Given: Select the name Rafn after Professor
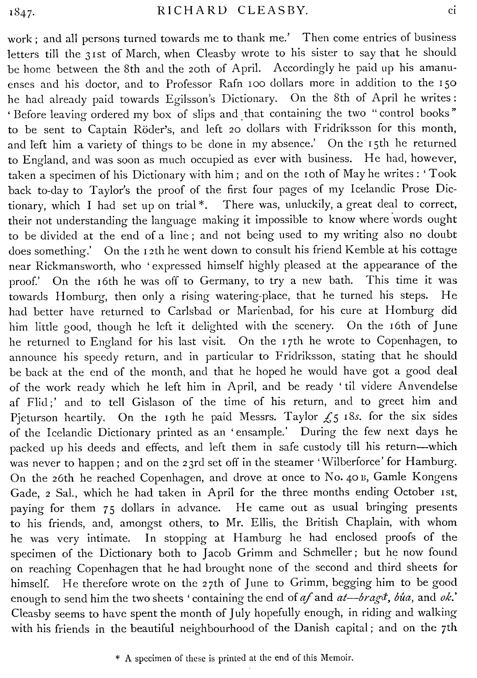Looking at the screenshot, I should point(231,84).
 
